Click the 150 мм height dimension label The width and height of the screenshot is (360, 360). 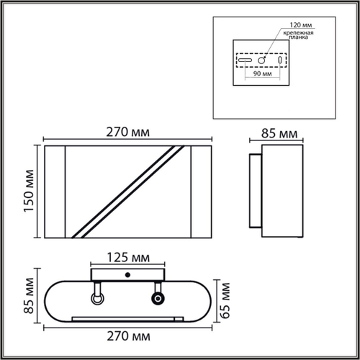click(29, 191)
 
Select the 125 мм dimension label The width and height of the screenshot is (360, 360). click(128, 258)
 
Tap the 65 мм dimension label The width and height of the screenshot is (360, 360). click(225, 301)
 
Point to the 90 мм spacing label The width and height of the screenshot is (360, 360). click(262, 73)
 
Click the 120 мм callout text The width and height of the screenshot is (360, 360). click(301, 25)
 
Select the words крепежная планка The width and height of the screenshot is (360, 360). click(298, 35)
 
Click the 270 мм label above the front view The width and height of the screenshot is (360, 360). click(128, 132)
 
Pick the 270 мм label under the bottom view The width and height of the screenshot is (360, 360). click(128, 336)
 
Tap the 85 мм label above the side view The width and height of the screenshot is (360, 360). click(279, 133)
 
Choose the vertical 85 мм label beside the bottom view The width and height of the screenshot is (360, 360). click(29, 295)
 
